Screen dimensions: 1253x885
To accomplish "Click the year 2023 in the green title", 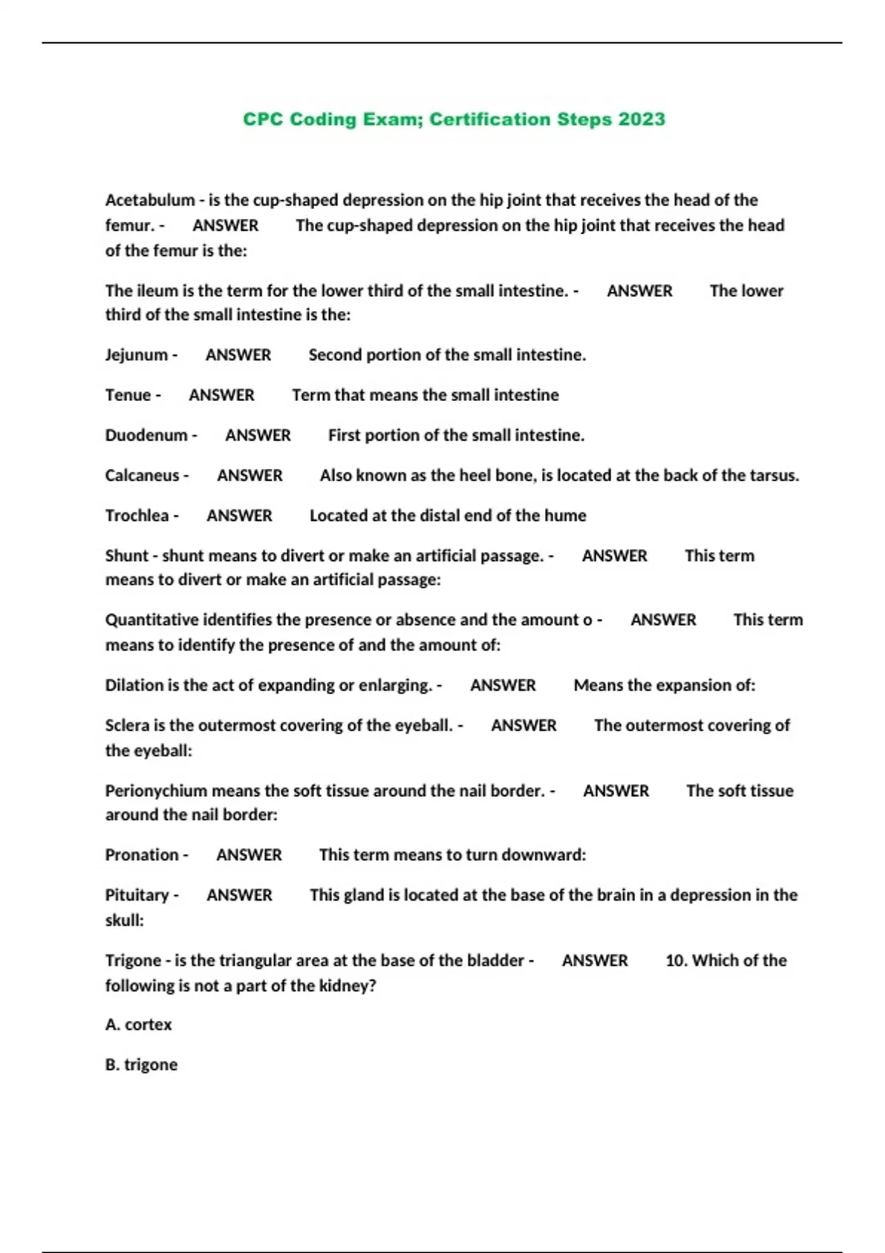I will pyautogui.click(x=642, y=119).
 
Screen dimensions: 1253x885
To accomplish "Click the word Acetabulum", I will pyautogui.click(x=150, y=200).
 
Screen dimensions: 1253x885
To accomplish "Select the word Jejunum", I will pyautogui.click(x=136, y=355).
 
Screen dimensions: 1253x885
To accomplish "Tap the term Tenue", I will pyautogui.click(x=128, y=395).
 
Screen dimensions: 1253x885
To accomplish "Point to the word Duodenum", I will pyautogui.click(x=146, y=436).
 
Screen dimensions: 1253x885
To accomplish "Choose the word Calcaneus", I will pyautogui.click(x=142, y=475).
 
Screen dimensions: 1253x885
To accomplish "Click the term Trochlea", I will pyautogui.click(x=136, y=516).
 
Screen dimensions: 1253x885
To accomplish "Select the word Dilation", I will pyautogui.click(x=134, y=685).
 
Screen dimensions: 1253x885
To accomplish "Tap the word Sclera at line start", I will pyautogui.click(x=127, y=725).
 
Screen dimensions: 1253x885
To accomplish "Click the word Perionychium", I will pyautogui.click(x=156, y=791).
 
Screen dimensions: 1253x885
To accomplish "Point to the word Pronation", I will pyautogui.click(x=142, y=855).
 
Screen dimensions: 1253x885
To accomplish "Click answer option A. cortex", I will pyautogui.click(x=139, y=1025).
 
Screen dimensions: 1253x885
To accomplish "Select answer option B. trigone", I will pyautogui.click(x=141, y=1065).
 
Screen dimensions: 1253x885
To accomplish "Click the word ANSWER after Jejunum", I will pyautogui.click(x=238, y=355).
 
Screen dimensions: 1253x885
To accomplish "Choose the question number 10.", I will pyautogui.click(x=676, y=960).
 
